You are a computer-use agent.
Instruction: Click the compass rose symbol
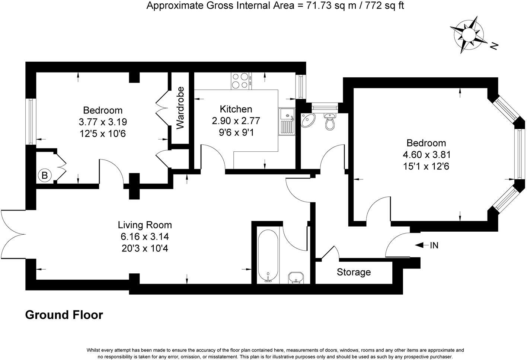click(x=468, y=34)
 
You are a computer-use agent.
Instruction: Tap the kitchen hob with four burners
click(x=240, y=81)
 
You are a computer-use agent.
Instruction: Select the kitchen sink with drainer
click(x=287, y=122)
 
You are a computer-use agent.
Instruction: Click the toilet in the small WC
click(x=330, y=121)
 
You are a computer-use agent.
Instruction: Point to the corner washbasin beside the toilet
click(x=309, y=120)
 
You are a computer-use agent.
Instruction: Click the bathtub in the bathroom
click(x=268, y=256)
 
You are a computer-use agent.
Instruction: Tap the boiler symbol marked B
click(x=45, y=175)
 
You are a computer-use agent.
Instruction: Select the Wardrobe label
click(x=181, y=108)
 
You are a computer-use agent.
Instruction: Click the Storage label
click(x=354, y=272)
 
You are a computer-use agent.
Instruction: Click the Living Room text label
click(x=145, y=225)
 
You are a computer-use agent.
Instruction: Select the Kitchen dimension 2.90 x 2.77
click(x=236, y=121)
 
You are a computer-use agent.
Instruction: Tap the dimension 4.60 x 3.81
click(x=426, y=154)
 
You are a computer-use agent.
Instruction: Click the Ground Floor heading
click(x=64, y=315)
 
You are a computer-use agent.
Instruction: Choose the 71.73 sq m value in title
click(x=320, y=6)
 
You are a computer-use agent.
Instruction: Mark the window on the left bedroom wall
click(x=31, y=122)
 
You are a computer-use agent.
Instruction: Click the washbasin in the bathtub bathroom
click(x=296, y=277)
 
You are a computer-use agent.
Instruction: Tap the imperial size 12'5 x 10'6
click(x=103, y=133)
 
